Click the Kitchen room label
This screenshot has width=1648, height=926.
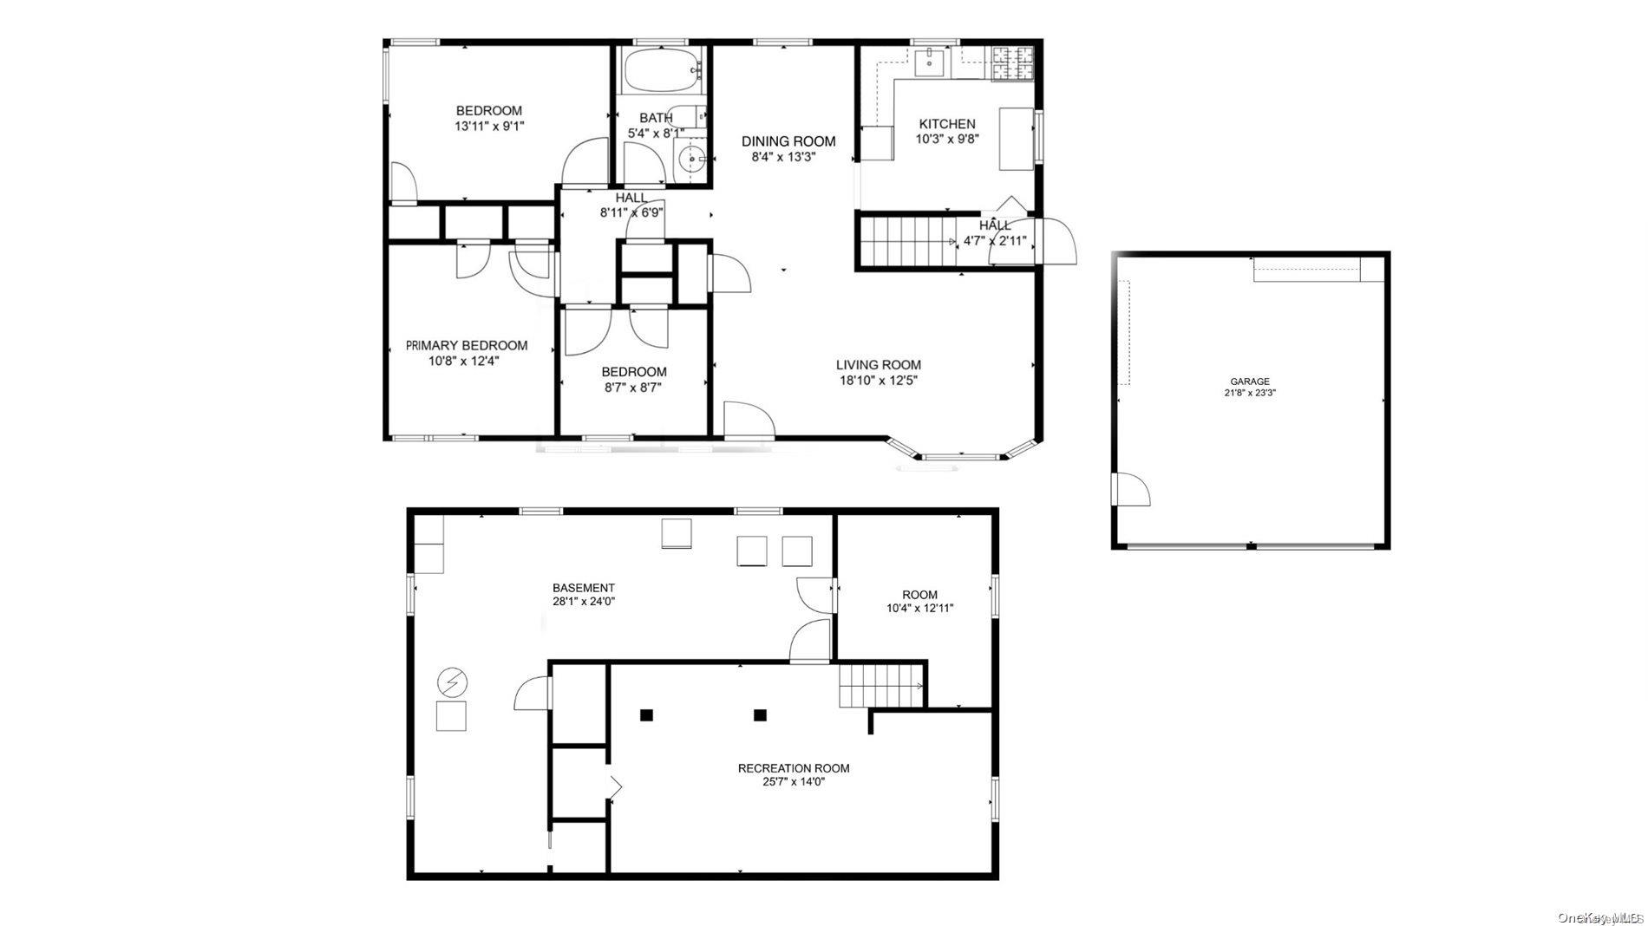click(x=946, y=124)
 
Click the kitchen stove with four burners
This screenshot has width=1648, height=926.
click(x=1013, y=62)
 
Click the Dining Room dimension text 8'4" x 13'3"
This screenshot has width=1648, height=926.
click(x=783, y=157)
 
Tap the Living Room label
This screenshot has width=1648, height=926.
click(x=878, y=365)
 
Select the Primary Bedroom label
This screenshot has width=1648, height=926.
click(x=467, y=345)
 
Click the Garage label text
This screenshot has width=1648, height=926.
click(x=1249, y=381)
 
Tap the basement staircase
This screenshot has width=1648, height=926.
click(x=880, y=686)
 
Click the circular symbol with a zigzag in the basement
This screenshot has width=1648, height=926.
click(x=451, y=682)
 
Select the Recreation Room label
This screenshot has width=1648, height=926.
click(x=793, y=768)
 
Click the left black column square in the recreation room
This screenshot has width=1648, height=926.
click(x=646, y=715)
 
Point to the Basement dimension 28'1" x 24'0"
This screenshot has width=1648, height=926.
click(x=583, y=601)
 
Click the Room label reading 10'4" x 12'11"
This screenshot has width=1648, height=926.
click(x=919, y=608)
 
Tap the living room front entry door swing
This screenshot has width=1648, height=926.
click(x=748, y=419)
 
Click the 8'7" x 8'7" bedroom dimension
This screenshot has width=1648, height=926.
click(x=633, y=388)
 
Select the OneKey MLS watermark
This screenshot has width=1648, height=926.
click(x=1600, y=916)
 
